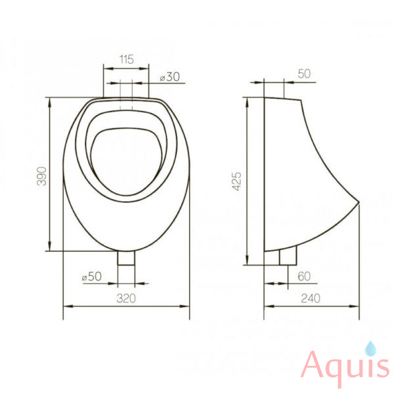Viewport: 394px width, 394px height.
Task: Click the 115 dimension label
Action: (126, 60)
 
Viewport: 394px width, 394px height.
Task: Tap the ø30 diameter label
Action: (170, 77)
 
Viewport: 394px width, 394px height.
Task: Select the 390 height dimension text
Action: (42, 176)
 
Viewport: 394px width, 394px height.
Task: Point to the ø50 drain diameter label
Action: (92, 276)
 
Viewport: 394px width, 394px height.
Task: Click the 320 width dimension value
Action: (126, 298)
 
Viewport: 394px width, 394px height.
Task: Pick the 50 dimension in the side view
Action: (304, 74)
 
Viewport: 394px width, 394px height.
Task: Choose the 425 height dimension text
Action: (236, 181)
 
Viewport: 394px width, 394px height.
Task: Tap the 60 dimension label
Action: (304, 276)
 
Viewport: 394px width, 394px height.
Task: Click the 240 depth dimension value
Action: (311, 298)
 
